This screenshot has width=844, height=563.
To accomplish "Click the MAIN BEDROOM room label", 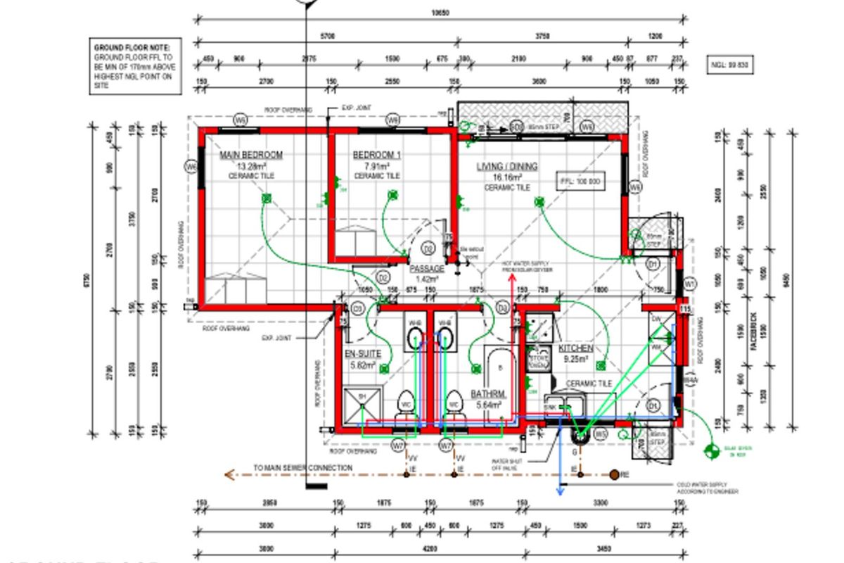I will coord(251,155).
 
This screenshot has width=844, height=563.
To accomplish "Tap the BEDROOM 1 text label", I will coord(377,155).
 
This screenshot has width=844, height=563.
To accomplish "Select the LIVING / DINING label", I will coord(506,167).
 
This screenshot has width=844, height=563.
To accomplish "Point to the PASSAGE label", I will coord(427,269).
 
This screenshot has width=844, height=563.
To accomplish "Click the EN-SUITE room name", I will coord(362,354).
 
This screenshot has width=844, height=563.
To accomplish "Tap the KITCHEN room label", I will coord(575,348).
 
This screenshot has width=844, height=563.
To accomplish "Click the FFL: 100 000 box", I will coord(580,181).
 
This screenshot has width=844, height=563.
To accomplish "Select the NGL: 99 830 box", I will coord(729,65).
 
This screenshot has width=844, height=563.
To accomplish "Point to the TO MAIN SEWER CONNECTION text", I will coord(303,468).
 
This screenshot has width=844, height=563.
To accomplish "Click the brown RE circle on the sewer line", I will coord(614,475).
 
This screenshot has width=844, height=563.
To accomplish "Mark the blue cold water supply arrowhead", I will coord(561,491).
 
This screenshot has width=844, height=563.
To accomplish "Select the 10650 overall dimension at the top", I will coord(440,13).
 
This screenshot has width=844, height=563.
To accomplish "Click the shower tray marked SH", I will coord(362,405).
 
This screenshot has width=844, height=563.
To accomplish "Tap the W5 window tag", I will coord(600,435).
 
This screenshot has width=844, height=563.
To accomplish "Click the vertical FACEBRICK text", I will coord(753,338).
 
